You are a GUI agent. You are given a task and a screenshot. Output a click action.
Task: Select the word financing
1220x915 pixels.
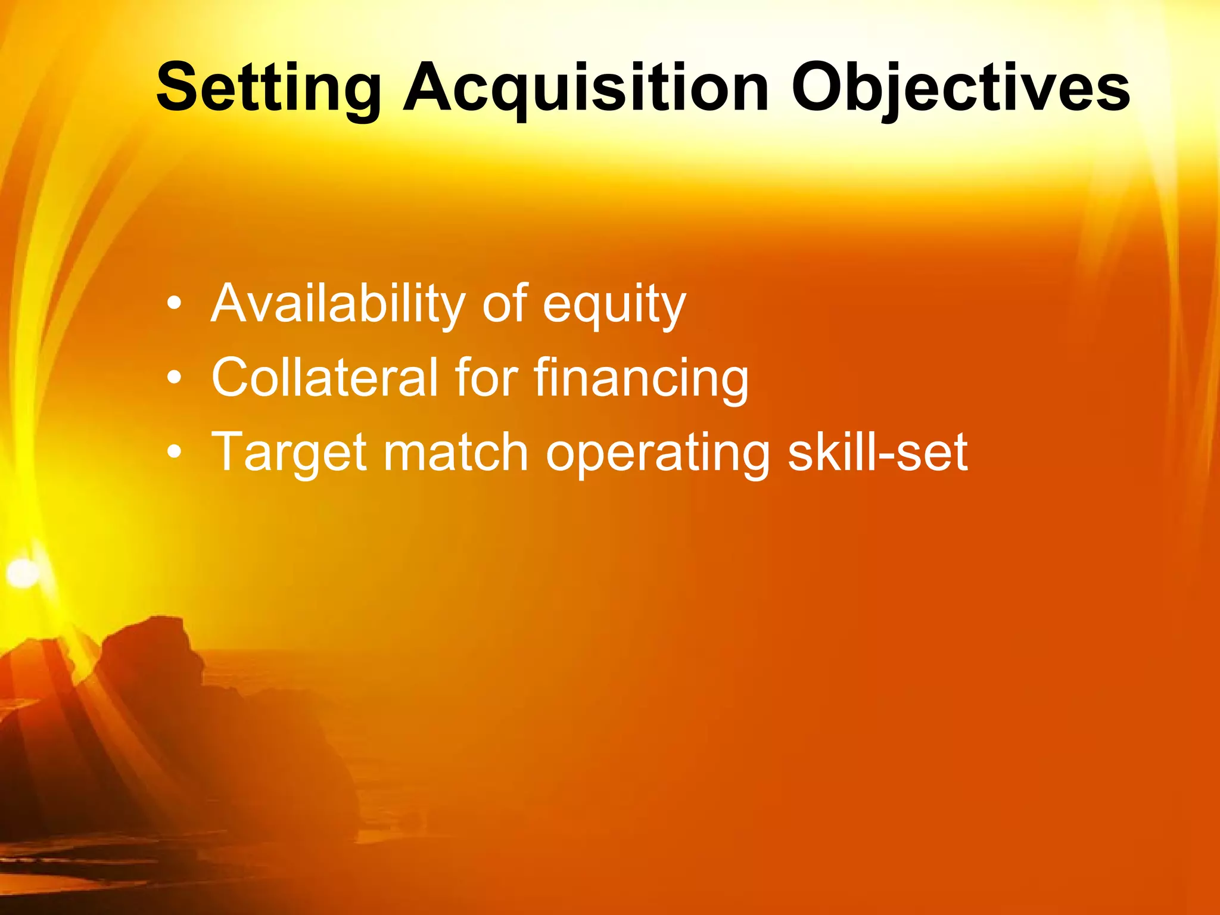coord(641,379)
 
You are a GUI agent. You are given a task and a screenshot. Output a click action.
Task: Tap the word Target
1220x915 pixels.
coord(290,453)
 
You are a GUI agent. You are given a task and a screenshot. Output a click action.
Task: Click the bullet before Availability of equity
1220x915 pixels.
coord(174,304)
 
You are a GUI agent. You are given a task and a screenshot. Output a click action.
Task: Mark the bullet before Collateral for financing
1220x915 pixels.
coord(174,378)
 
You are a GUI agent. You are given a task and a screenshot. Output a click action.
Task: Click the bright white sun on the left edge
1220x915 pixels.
coord(23,572)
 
